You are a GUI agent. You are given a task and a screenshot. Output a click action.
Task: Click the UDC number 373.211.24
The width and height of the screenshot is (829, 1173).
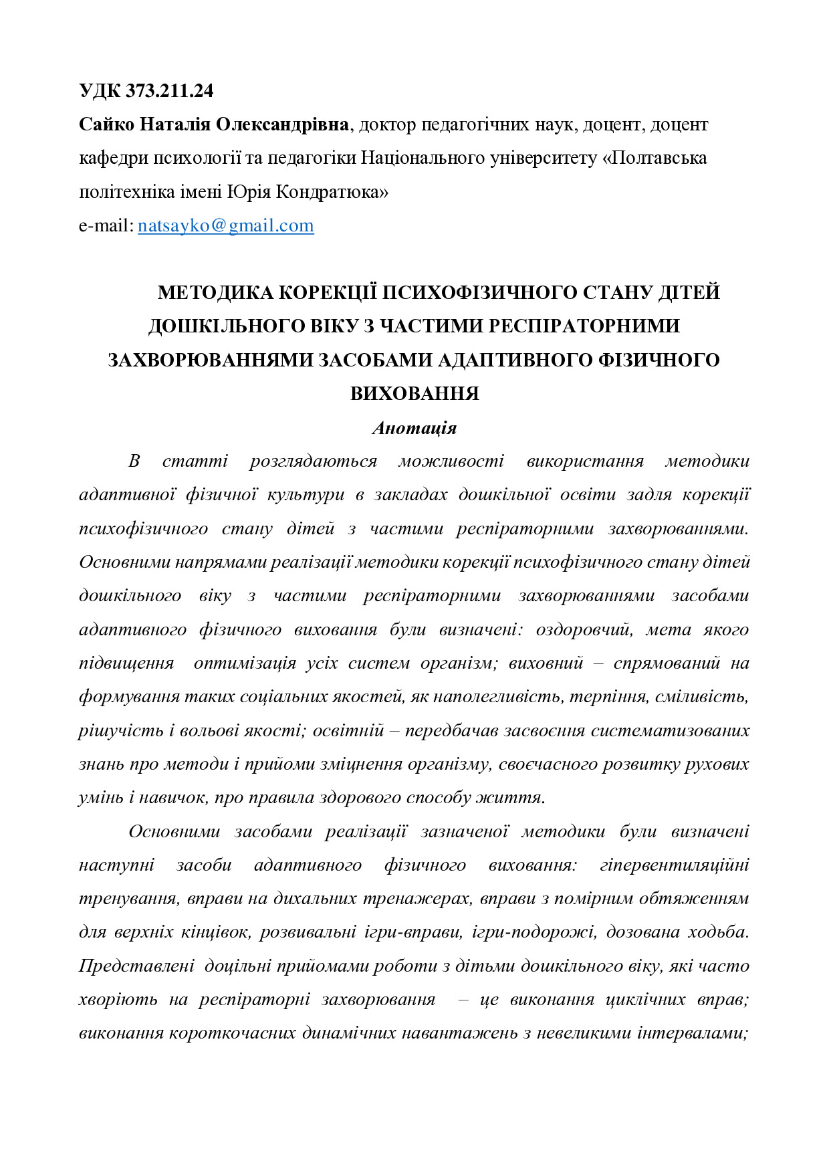coord(169,91)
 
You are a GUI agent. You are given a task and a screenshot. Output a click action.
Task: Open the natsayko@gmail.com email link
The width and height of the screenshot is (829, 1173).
coord(226,225)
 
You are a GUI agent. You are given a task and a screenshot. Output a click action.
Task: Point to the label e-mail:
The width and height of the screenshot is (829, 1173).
coord(106,225)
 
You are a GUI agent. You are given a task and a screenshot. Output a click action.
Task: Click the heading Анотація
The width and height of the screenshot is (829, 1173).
coord(414,428)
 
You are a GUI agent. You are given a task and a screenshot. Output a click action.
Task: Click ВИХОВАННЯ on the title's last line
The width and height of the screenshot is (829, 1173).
coord(414,393)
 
